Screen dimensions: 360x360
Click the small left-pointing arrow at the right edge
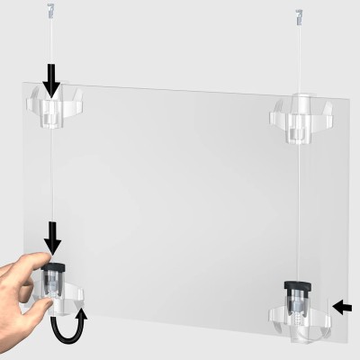(344, 308)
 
